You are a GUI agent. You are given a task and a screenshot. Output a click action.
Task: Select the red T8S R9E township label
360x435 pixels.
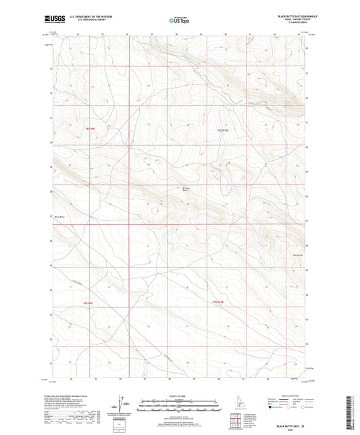point(90,128)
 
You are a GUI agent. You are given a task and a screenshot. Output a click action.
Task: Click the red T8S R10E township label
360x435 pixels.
point(224,130)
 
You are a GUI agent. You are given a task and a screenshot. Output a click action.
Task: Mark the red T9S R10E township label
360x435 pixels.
point(218,302)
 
